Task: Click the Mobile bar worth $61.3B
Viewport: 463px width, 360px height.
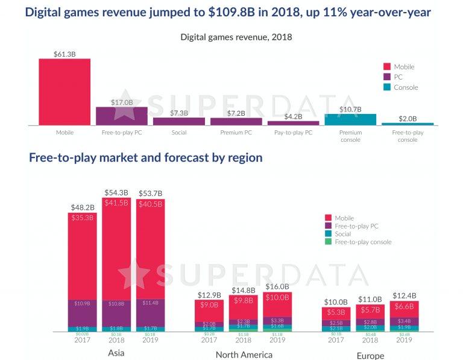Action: coord(65,92)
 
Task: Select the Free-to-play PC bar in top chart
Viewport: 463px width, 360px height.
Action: coord(122,116)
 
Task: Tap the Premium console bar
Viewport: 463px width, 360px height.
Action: coord(350,119)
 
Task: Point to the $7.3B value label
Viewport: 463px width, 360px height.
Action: coord(179,112)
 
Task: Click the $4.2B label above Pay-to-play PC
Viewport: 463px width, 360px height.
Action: coord(293,116)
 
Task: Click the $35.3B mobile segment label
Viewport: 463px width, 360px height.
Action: coord(82,218)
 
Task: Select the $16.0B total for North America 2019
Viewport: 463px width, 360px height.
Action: coord(277,287)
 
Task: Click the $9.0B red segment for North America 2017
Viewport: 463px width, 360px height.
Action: coord(209,305)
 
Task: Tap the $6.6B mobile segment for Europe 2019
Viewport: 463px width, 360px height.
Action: coord(404,307)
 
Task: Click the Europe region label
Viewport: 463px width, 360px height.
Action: coord(370,355)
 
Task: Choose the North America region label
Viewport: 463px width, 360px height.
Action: coord(244,355)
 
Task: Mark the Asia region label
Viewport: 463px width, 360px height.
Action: coord(115,353)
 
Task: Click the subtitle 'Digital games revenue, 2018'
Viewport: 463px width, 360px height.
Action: coord(236,37)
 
